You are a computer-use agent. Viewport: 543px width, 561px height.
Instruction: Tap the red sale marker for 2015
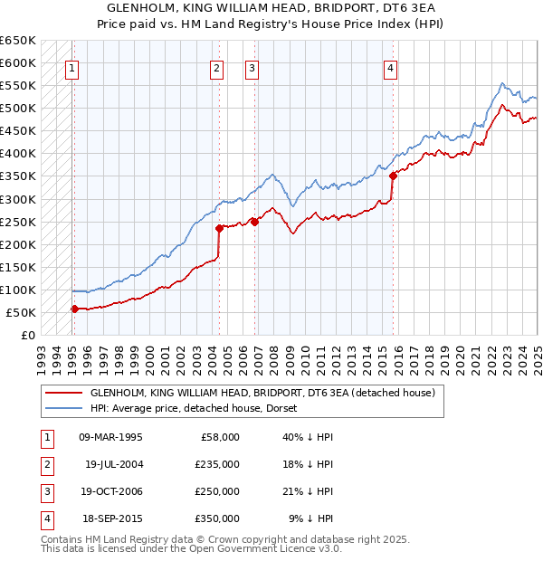click(x=393, y=176)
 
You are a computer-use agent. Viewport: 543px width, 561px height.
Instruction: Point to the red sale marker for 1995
click(x=74, y=309)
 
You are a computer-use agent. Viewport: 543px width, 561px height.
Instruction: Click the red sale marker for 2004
click(x=219, y=228)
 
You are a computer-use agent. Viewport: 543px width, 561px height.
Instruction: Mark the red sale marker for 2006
click(x=254, y=221)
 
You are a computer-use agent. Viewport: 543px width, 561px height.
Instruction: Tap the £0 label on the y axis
click(x=27, y=335)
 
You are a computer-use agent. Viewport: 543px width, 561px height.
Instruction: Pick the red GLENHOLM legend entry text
click(x=262, y=393)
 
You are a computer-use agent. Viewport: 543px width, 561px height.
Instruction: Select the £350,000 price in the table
click(x=219, y=519)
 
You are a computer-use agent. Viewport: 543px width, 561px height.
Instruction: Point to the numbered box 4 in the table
click(x=45, y=519)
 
